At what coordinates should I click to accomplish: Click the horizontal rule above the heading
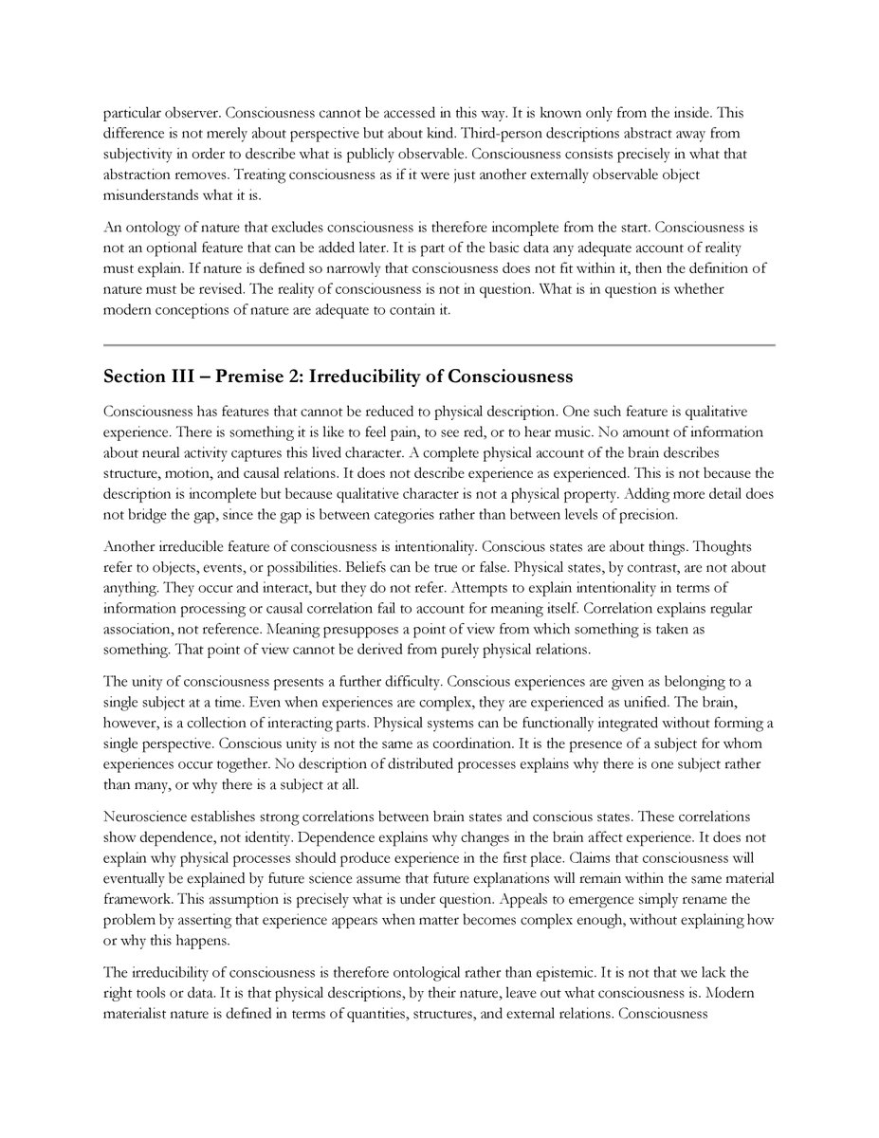coord(439,345)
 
